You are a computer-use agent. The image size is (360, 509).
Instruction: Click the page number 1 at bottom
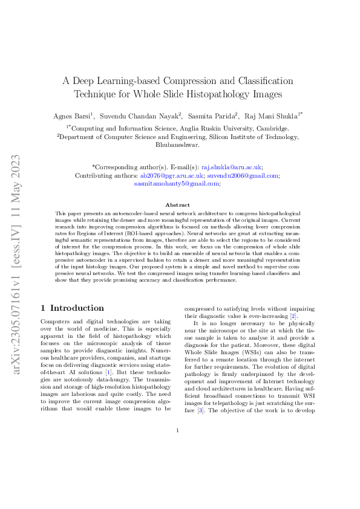[x=177, y=464]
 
